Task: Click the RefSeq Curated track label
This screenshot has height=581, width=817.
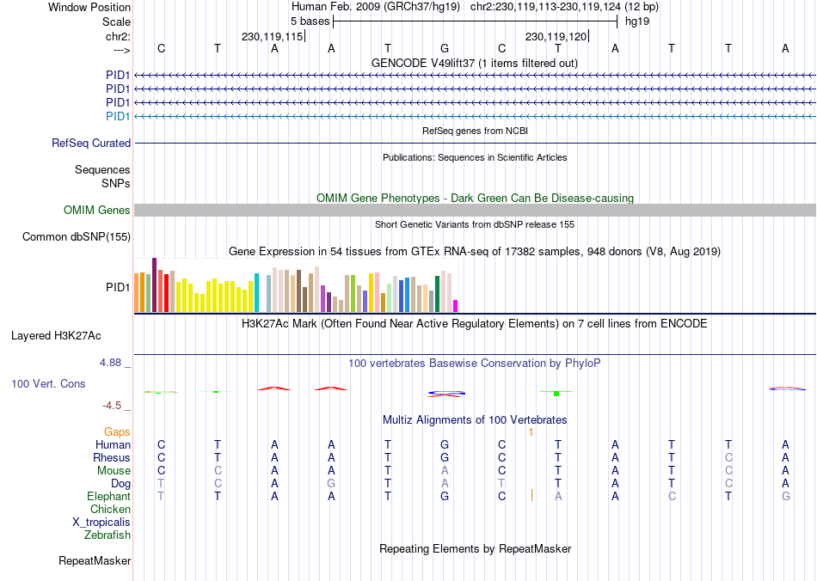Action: [x=91, y=144]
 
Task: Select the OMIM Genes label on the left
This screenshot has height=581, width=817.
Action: [x=97, y=211]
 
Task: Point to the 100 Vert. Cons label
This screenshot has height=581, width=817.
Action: [x=48, y=383]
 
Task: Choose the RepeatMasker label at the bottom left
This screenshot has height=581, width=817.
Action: [x=95, y=561]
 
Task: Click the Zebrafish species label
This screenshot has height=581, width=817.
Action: [x=107, y=535]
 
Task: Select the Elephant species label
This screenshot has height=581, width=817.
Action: [x=108, y=496]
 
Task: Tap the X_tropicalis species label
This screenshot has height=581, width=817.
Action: [x=101, y=522]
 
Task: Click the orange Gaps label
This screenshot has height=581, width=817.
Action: [x=117, y=431]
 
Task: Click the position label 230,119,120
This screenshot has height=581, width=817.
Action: [x=556, y=37]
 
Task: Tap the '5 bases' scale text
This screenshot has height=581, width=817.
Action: [x=309, y=20]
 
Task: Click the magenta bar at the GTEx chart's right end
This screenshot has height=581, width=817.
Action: [x=456, y=306]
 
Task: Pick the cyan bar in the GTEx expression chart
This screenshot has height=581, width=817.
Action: [x=256, y=292]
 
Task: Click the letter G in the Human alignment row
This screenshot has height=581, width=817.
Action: [x=445, y=444]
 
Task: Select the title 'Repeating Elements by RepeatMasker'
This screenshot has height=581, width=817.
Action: [x=475, y=548]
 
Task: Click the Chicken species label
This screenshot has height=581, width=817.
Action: [x=110, y=510]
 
